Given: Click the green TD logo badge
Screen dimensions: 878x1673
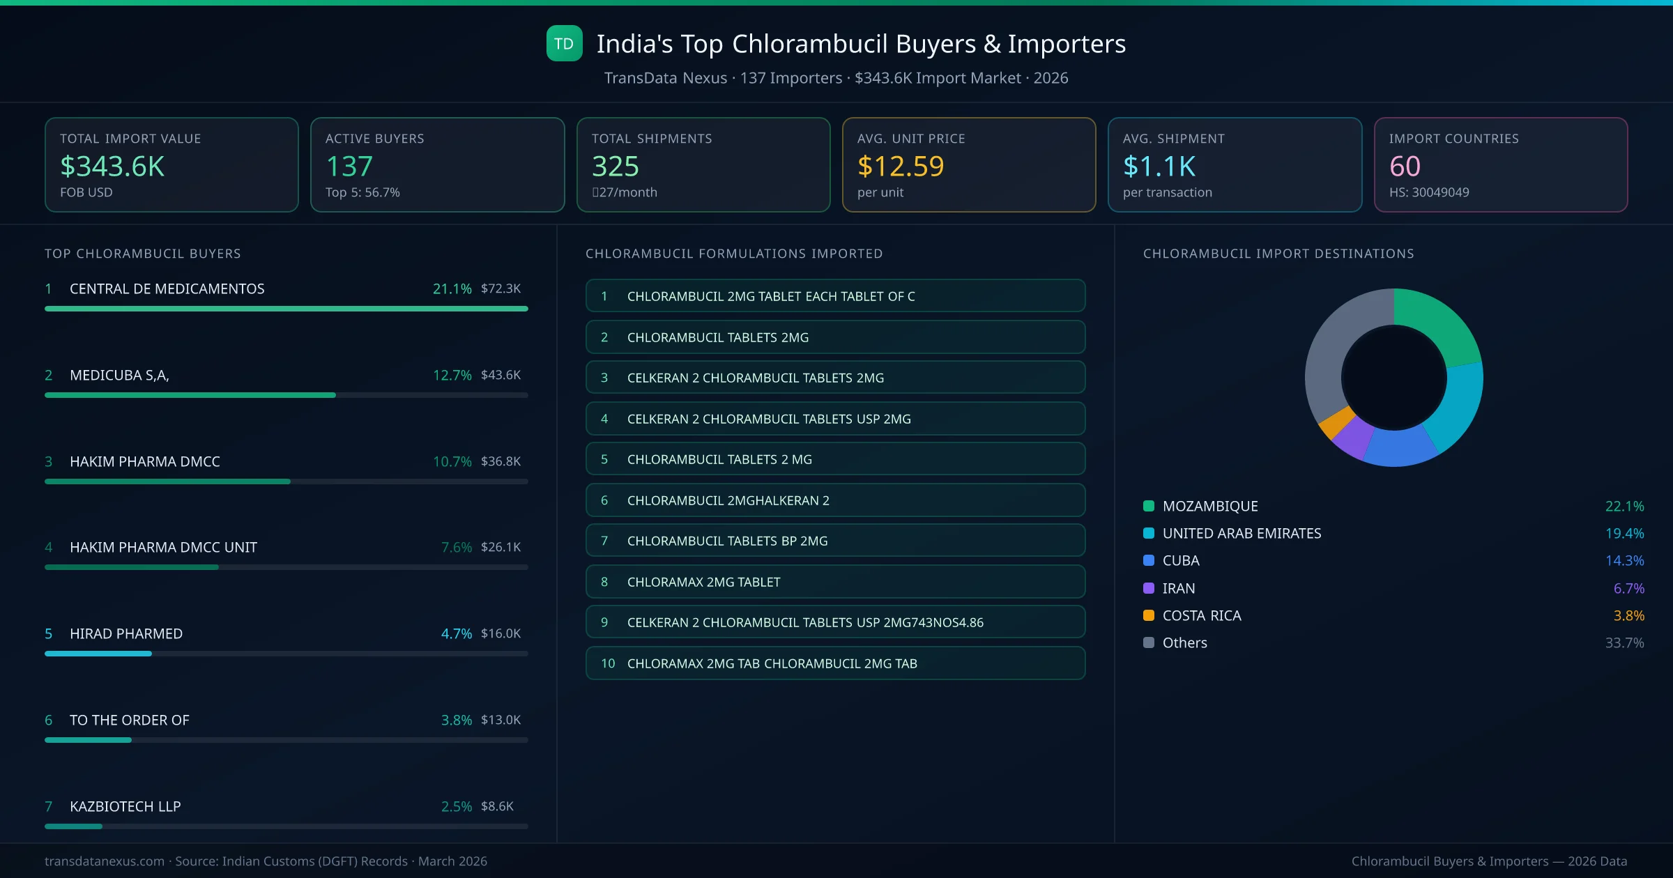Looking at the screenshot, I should coord(564,43).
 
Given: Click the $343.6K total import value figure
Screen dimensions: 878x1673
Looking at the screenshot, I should coord(112,166).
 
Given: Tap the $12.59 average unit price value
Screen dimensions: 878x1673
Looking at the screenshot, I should coord(900,166).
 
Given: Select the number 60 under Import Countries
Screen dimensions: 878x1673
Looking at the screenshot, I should coord(1404,166).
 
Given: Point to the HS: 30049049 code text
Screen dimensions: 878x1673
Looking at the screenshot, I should coord(1428,192).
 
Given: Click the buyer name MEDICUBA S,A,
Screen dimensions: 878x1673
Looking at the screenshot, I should coord(119,375).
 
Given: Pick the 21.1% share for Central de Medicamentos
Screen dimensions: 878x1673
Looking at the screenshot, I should coord(452,288).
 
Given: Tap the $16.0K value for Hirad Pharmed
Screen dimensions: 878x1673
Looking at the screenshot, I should coord(501,633).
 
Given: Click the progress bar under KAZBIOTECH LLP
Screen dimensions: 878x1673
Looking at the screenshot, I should coord(286,826).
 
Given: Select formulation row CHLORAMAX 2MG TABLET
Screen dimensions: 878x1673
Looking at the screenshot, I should coord(835,582).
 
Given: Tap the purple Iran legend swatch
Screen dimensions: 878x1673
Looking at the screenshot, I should coord(1149,588).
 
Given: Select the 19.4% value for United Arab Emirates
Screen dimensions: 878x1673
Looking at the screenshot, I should coord(1624,533).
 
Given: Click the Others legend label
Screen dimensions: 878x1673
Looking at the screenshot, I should coord(1184,642).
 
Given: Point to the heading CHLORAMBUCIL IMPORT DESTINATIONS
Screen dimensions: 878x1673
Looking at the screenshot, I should coord(1278,254).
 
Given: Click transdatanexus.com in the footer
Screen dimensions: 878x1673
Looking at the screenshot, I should coord(105,861).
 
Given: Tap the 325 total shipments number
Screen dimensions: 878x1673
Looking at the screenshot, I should coord(615,166).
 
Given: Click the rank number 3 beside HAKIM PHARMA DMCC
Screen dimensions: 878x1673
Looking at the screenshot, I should coord(48,461).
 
